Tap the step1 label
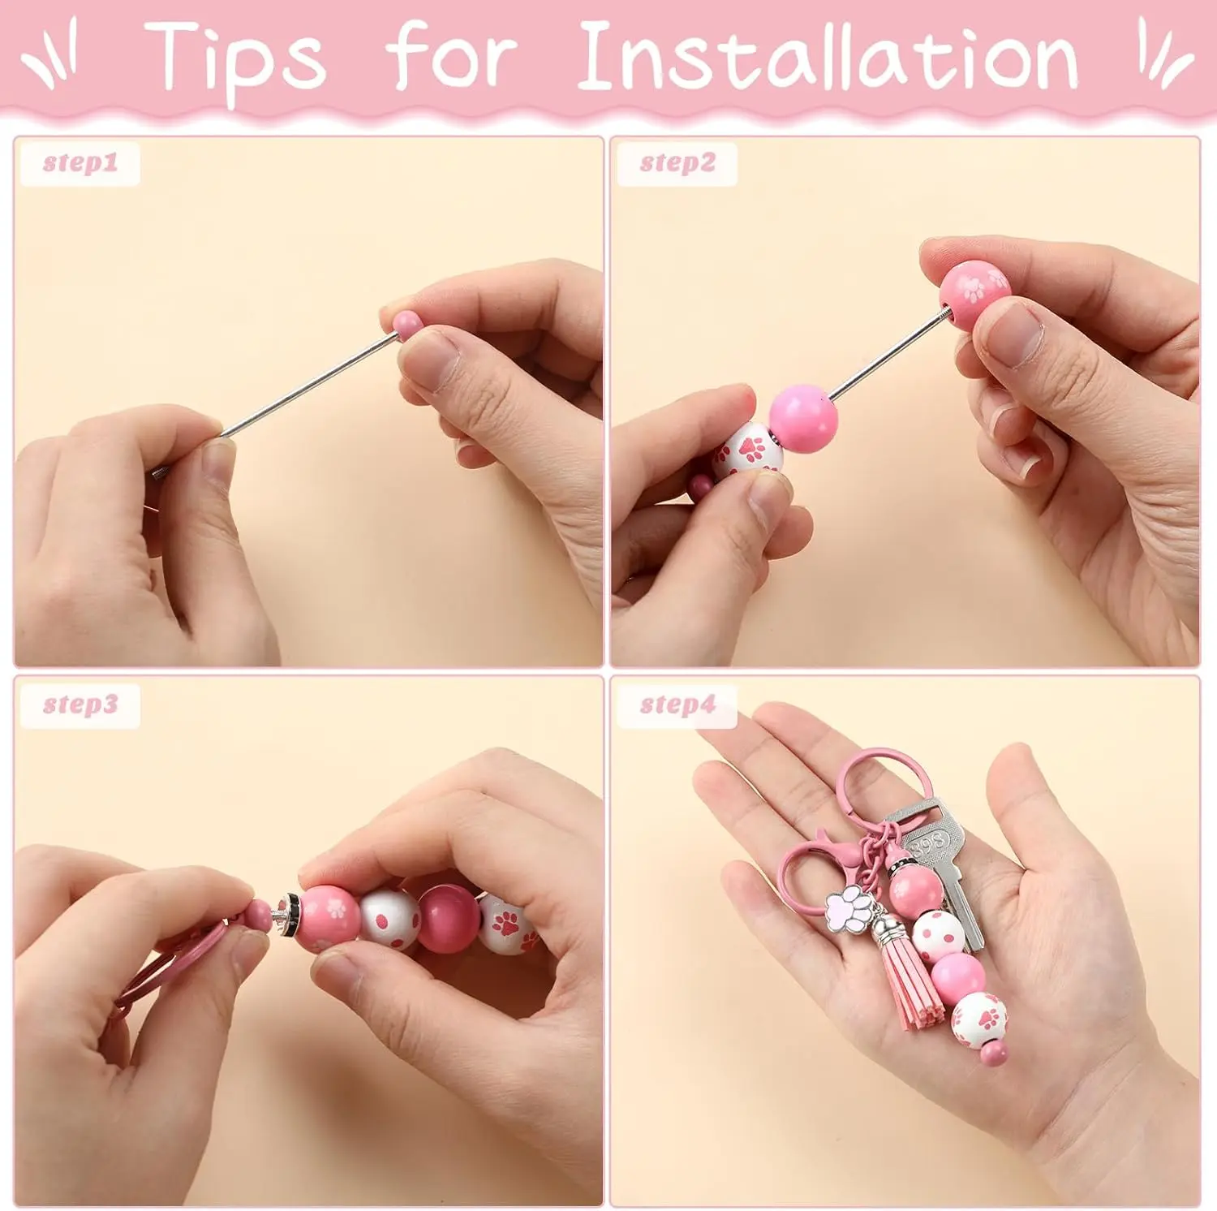tap(80, 163)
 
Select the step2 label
tap(677, 163)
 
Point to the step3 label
tap(80, 704)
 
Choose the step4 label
tap(677, 704)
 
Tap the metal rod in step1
tap(308, 386)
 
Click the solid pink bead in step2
tap(802, 419)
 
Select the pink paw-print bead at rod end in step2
tap(974, 294)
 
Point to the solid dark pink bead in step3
tap(449, 918)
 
